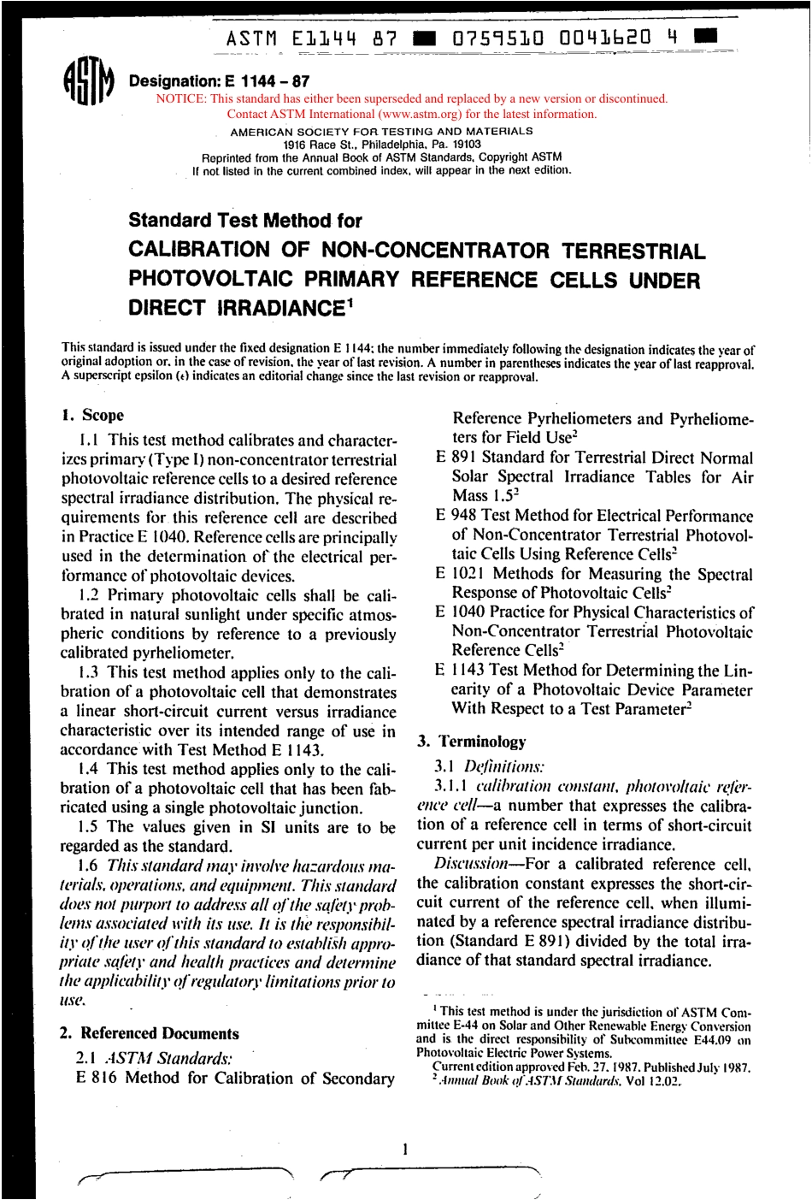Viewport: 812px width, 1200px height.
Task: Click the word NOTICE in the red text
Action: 180,99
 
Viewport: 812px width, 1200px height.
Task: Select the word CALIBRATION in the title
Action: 198,250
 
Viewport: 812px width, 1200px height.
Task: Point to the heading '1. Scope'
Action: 92,416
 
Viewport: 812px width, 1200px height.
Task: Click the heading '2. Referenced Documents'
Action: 149,1033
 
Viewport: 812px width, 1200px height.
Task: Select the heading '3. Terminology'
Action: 472,742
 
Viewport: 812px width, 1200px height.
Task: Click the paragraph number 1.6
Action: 87,866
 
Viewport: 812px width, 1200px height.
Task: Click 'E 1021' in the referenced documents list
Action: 460,574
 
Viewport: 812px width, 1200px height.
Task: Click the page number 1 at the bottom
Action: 405,1149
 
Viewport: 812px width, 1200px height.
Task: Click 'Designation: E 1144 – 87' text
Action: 219,82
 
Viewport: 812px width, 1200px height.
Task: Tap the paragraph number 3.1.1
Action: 451,786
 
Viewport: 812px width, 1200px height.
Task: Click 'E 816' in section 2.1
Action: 96,1078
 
